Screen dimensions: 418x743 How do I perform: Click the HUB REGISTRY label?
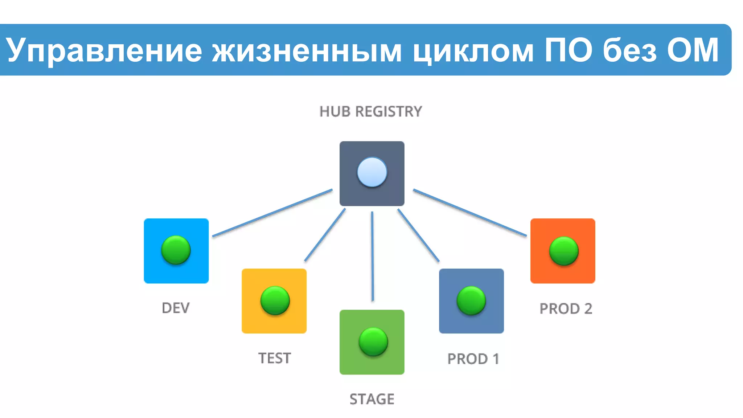[370, 111]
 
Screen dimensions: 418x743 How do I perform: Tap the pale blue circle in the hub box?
[372, 172]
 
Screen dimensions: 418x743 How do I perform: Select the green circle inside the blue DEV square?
[176, 250]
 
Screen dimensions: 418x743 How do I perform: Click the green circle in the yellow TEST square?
[275, 300]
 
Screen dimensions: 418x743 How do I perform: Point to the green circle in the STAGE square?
[373, 341]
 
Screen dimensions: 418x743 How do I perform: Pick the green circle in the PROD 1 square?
[471, 300]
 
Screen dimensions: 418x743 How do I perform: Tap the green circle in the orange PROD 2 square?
[564, 251]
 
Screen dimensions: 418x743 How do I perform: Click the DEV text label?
[176, 308]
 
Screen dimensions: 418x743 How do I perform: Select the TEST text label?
[275, 358]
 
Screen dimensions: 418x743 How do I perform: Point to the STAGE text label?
[372, 399]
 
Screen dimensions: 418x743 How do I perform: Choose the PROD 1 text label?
[473, 359]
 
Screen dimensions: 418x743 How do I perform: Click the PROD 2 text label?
[566, 309]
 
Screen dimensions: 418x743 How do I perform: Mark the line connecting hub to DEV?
[272, 213]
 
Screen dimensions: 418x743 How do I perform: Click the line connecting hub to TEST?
[325, 235]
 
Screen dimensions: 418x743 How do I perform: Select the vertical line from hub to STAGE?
[372, 256]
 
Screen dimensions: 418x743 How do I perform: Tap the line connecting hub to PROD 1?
[418, 235]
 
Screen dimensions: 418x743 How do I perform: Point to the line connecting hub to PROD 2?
[470, 213]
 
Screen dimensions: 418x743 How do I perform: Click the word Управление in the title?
[104, 50]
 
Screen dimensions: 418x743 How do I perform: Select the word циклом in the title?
[473, 50]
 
